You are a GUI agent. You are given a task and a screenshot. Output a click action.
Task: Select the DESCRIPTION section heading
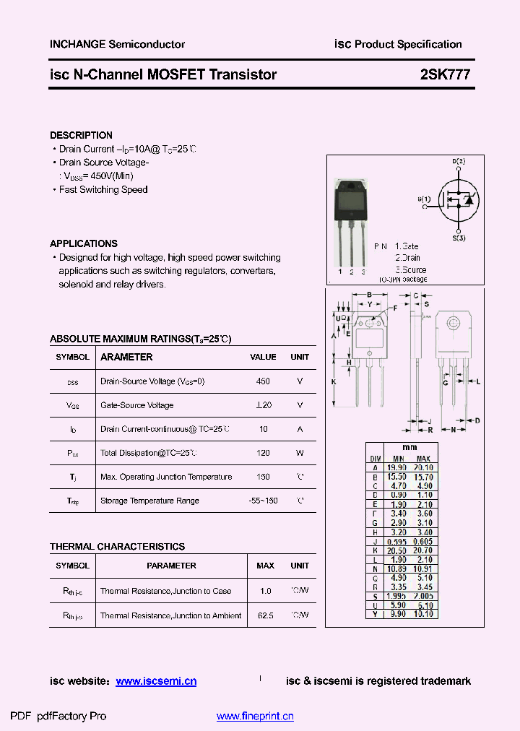pyautogui.click(x=81, y=135)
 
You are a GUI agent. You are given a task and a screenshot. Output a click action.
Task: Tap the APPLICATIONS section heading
pyautogui.click(x=83, y=243)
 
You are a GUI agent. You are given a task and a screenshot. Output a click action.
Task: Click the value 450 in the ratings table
pyautogui.click(x=263, y=381)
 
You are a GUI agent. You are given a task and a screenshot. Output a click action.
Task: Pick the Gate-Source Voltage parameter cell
pyautogui.click(x=136, y=405)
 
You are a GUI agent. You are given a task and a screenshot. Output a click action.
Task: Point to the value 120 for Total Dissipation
pyautogui.click(x=263, y=453)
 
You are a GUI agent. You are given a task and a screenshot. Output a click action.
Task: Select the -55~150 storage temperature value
pyautogui.click(x=263, y=501)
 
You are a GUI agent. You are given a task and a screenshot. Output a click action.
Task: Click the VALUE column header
pyautogui.click(x=263, y=357)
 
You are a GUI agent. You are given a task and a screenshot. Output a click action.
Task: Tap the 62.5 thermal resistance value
pyautogui.click(x=265, y=615)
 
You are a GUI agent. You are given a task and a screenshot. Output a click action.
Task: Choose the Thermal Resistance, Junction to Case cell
pyautogui.click(x=165, y=591)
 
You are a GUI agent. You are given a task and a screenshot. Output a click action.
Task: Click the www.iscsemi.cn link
pyautogui.click(x=156, y=681)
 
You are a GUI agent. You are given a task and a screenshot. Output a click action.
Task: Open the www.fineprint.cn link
pyautogui.click(x=255, y=717)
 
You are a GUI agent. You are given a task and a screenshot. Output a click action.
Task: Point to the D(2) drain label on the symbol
pyautogui.click(x=459, y=161)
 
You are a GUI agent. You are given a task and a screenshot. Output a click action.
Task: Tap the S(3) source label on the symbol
pyautogui.click(x=459, y=238)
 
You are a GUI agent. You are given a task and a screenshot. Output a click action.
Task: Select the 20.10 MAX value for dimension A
pyautogui.click(x=423, y=467)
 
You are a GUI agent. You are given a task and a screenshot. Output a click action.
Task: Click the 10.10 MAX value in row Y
pyautogui.click(x=423, y=614)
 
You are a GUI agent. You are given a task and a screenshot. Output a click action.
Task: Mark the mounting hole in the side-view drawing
pyautogui.click(x=453, y=322)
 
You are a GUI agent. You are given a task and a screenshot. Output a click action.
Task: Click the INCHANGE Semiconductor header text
pyautogui.click(x=117, y=44)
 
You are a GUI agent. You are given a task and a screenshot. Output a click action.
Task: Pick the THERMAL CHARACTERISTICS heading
pyautogui.click(x=117, y=547)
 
